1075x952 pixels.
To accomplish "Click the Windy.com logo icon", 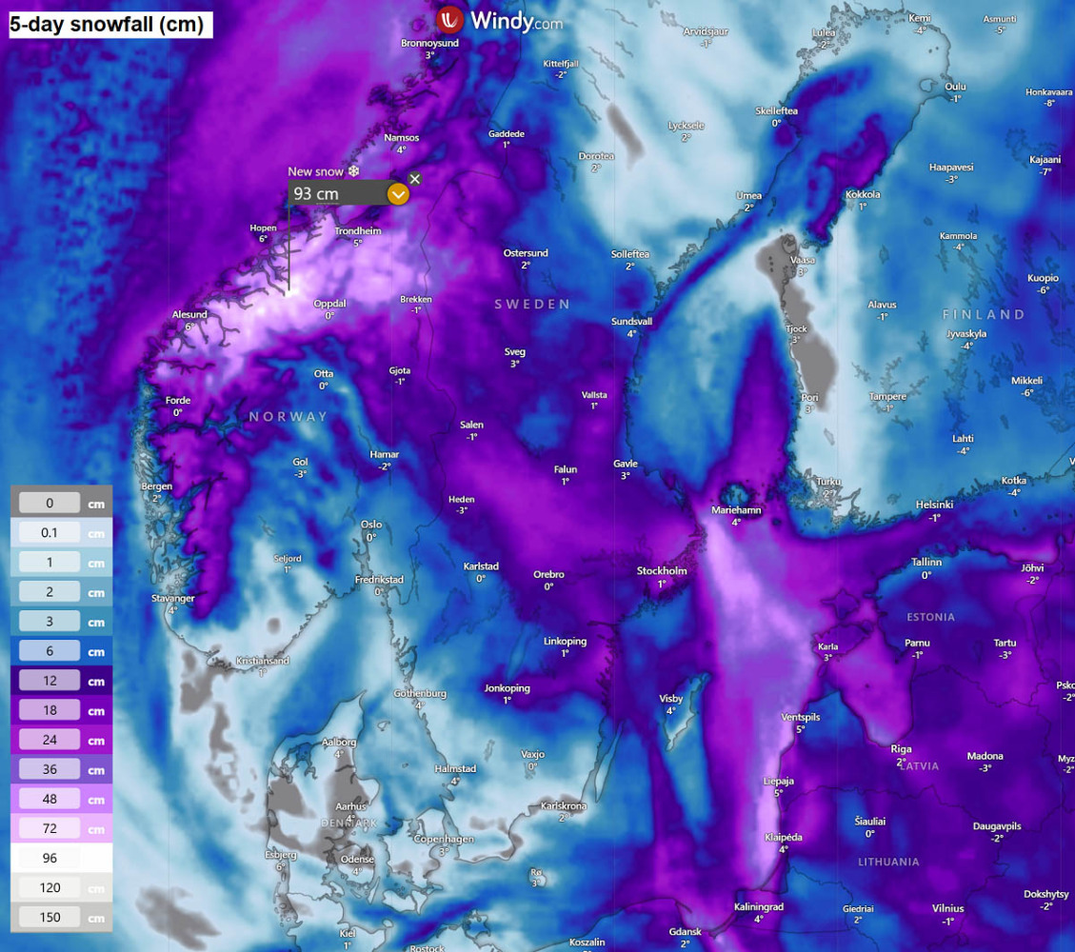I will click(x=449, y=19).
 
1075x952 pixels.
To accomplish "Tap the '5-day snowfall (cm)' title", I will click(x=107, y=25).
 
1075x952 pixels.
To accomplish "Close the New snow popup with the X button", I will click(x=414, y=179).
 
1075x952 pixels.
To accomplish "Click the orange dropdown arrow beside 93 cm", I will click(x=398, y=194).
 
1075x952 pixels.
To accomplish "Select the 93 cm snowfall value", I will click(x=316, y=194).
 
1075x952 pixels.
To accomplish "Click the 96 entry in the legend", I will click(x=50, y=858).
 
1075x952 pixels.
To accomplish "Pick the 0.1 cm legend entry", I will click(x=50, y=533).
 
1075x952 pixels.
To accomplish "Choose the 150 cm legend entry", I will click(x=50, y=918).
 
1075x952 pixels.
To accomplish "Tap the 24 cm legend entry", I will click(x=50, y=740).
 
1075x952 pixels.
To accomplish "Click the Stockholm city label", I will click(x=662, y=571).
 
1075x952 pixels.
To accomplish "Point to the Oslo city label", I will click(x=371, y=525).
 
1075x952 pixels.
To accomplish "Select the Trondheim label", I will click(x=357, y=231).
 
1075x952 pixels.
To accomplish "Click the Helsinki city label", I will click(x=934, y=505).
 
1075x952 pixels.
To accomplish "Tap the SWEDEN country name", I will click(x=531, y=305).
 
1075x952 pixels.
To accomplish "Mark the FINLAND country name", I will click(x=984, y=314).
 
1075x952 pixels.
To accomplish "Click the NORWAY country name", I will click(x=288, y=417).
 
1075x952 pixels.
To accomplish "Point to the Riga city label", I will click(x=901, y=749).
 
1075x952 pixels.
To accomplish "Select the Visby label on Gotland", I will click(x=671, y=699).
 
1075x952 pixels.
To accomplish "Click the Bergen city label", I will click(x=156, y=486).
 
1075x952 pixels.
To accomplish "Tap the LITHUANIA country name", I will click(x=888, y=862).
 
